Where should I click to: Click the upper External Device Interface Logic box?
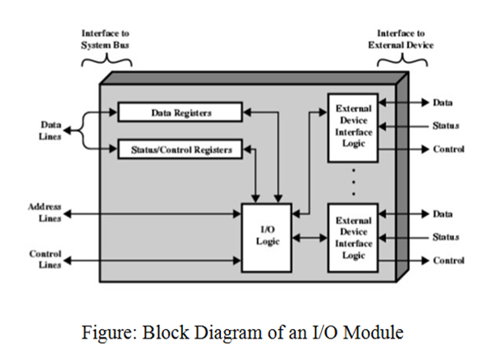[354, 128]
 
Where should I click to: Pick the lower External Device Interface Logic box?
[354, 237]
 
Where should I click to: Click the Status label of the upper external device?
[445, 126]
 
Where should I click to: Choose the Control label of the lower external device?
[448, 260]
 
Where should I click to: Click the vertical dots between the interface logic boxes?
[354, 180]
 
